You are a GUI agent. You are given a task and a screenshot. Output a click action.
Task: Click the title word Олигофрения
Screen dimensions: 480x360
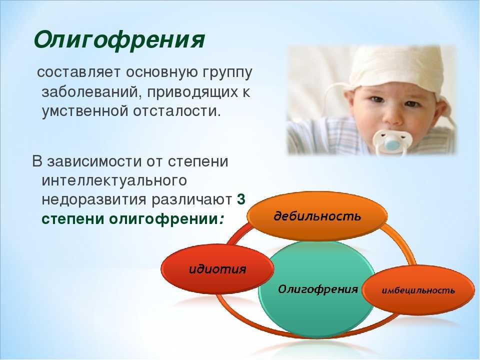[119, 40]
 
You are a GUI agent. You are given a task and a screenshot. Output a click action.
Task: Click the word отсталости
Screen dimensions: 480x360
[176, 111]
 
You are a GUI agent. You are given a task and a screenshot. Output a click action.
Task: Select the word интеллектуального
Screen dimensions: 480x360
[114, 180]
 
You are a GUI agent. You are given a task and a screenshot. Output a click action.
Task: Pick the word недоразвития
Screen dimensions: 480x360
[94, 200]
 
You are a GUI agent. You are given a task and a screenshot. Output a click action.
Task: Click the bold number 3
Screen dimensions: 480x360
[241, 199]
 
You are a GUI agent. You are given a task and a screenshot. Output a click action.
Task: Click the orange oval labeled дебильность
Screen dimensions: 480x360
[317, 216]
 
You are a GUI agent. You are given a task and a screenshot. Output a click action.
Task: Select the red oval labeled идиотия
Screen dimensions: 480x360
[217, 269]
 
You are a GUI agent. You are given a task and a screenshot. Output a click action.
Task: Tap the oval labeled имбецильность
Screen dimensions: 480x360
[418, 290]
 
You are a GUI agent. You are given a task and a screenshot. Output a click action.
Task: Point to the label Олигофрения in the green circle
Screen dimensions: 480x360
[318, 289]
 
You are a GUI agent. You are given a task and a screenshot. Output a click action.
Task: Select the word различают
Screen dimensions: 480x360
[191, 200]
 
